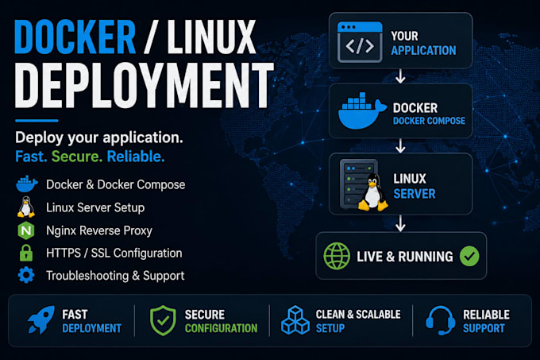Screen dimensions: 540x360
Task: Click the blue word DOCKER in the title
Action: (75, 37)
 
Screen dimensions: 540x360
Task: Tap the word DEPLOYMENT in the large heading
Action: (144, 86)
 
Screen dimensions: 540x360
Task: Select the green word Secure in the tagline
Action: (77, 157)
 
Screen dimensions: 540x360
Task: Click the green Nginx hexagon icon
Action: (26, 230)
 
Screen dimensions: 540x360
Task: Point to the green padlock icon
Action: (26, 253)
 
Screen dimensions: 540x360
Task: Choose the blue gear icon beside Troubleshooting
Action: (26, 275)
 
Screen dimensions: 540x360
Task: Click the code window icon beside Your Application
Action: (360, 42)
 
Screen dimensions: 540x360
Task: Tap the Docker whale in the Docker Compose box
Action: (361, 111)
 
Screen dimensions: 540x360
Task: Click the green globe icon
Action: (337, 256)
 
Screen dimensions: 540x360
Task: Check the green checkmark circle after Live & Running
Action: (469, 256)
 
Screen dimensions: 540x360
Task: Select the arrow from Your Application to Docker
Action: (400, 76)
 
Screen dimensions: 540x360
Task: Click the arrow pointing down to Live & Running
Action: (400, 223)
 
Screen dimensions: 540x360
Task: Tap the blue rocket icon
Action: (41, 319)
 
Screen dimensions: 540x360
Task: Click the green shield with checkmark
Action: (163, 320)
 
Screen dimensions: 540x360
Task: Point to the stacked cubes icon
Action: (295, 320)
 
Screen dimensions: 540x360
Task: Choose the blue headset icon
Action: (441, 320)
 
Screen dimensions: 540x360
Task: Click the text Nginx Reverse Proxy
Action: (99, 230)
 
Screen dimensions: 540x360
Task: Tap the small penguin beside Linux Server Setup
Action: (26, 207)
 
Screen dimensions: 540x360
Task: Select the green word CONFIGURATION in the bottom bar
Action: (221, 328)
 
